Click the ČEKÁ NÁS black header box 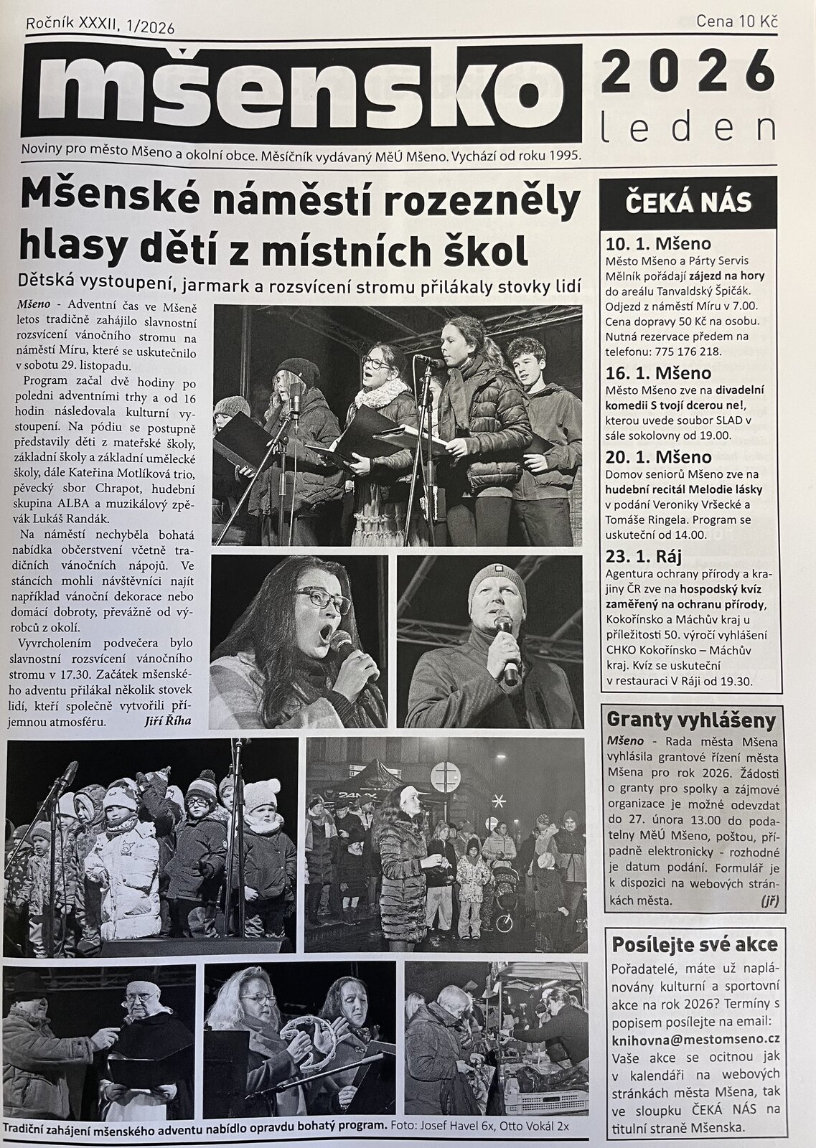(688, 202)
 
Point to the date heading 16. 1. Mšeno (658, 373)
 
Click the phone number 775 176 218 (688, 352)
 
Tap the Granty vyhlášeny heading (691, 720)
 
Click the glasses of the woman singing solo (322, 599)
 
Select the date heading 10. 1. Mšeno (658, 243)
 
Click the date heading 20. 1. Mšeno (658, 457)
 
